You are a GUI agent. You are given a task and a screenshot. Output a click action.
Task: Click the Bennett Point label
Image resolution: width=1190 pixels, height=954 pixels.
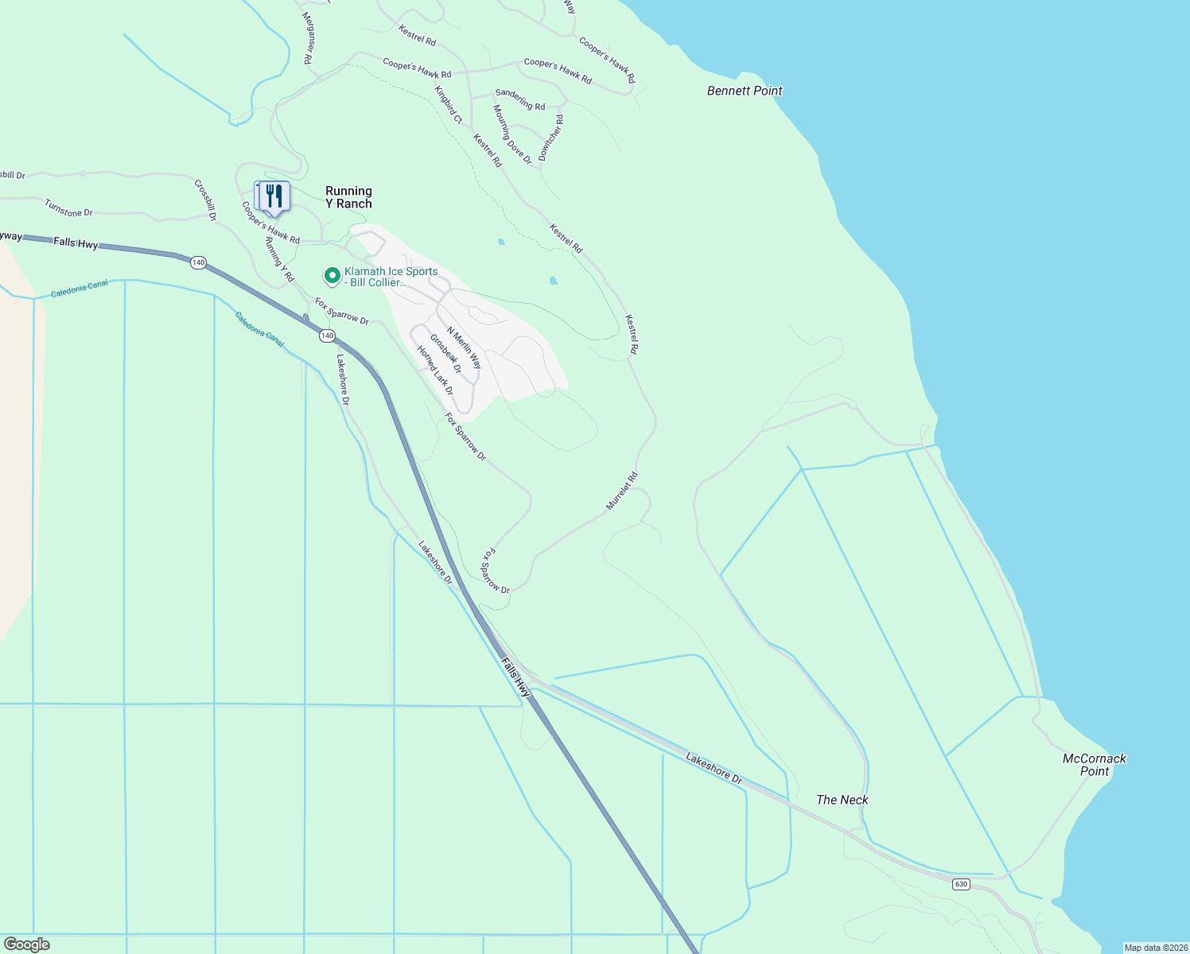(745, 91)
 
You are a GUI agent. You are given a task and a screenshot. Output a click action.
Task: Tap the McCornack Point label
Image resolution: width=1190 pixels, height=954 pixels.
(1095, 765)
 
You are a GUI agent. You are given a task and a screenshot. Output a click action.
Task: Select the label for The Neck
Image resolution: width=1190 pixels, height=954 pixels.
(842, 800)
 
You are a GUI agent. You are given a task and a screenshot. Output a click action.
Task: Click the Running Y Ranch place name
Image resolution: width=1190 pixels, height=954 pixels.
(348, 197)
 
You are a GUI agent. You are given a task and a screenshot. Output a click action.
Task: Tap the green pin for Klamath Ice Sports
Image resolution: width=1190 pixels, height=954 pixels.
(332, 276)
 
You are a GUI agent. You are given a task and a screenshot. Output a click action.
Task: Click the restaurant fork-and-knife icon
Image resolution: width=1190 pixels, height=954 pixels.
(274, 196)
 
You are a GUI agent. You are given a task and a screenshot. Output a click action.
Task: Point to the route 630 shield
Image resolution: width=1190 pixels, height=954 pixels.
(962, 884)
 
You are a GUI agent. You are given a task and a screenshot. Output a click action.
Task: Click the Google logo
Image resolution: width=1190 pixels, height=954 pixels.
(26, 944)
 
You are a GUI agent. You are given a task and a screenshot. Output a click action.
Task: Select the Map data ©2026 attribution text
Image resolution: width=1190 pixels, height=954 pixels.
(1154, 948)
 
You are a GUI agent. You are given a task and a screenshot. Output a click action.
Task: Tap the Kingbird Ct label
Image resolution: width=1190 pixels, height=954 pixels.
(449, 104)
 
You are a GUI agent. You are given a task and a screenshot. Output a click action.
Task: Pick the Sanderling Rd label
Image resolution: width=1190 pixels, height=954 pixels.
(520, 99)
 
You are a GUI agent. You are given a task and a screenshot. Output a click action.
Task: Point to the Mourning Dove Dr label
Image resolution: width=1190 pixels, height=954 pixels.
(511, 134)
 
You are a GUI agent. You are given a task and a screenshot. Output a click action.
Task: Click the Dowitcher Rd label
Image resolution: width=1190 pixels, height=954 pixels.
(551, 138)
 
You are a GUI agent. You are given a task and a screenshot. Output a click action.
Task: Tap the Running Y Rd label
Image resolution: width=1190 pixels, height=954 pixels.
(279, 259)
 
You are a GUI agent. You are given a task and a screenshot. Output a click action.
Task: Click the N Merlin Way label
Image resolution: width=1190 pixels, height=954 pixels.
(464, 348)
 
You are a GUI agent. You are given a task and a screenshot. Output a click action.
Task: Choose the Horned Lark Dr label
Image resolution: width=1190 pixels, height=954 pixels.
(435, 370)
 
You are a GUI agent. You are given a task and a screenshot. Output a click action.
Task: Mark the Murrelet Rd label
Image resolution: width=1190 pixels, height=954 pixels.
(622, 491)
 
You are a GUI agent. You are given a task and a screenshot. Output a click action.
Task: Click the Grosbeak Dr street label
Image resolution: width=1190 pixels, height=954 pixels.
(445, 354)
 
